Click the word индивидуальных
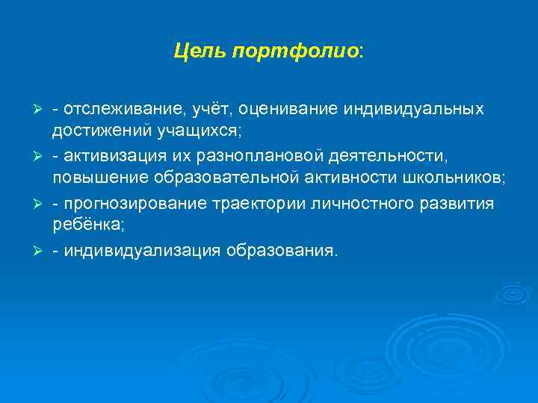tap(414, 109)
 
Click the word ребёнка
tap(81, 226)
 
